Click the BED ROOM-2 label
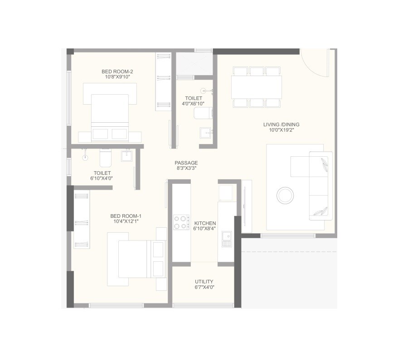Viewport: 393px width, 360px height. point(117,71)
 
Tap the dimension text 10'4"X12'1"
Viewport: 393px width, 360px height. point(126,222)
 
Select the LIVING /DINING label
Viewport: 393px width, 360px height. point(281,125)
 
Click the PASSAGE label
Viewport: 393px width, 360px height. point(186,163)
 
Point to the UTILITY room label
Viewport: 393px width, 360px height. point(204,282)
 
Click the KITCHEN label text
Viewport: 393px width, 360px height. point(205,224)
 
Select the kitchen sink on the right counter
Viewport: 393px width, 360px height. point(226,239)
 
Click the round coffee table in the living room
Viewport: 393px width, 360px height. point(286,196)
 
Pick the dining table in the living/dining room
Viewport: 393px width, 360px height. point(256,87)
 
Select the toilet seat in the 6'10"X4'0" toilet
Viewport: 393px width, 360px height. point(105,158)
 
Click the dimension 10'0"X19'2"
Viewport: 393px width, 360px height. point(281,130)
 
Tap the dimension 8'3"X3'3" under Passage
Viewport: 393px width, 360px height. point(186,168)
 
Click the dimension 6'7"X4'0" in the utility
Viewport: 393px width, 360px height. point(204,288)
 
